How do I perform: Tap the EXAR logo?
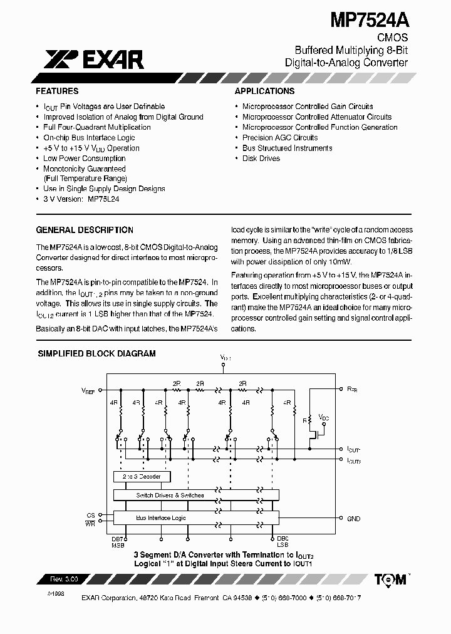pos(94,60)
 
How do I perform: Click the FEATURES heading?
pos(58,91)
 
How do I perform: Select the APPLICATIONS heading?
pos(264,91)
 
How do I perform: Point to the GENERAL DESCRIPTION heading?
pos(85,230)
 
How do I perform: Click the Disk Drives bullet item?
pos(261,158)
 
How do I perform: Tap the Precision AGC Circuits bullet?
pos(280,138)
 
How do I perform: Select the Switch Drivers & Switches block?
pos(170,495)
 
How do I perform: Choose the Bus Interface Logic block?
pos(161,518)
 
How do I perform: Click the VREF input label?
pos(88,390)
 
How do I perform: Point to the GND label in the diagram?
pos(354,519)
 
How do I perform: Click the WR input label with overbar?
pos(91,522)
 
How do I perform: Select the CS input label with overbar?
pos(91,515)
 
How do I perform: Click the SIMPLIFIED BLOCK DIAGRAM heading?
pos(97,353)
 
